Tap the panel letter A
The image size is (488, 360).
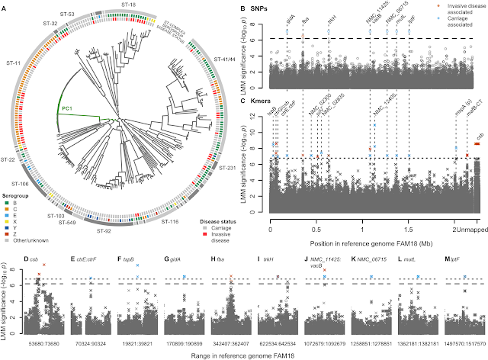point(7,8)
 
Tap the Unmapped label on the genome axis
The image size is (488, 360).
point(467,230)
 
